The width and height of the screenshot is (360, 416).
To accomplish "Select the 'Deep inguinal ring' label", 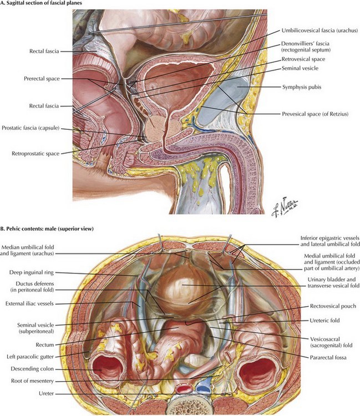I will click(x=34, y=272).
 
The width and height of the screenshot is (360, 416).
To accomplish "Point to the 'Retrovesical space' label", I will click(x=302, y=58).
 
